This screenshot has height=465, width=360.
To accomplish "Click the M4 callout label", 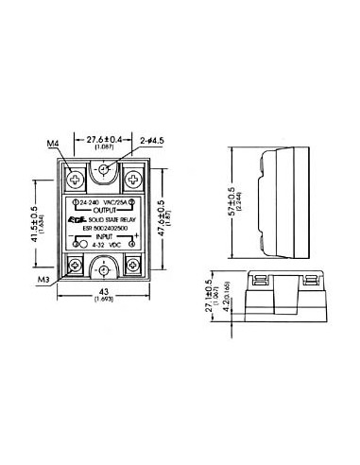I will pos(54,144).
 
